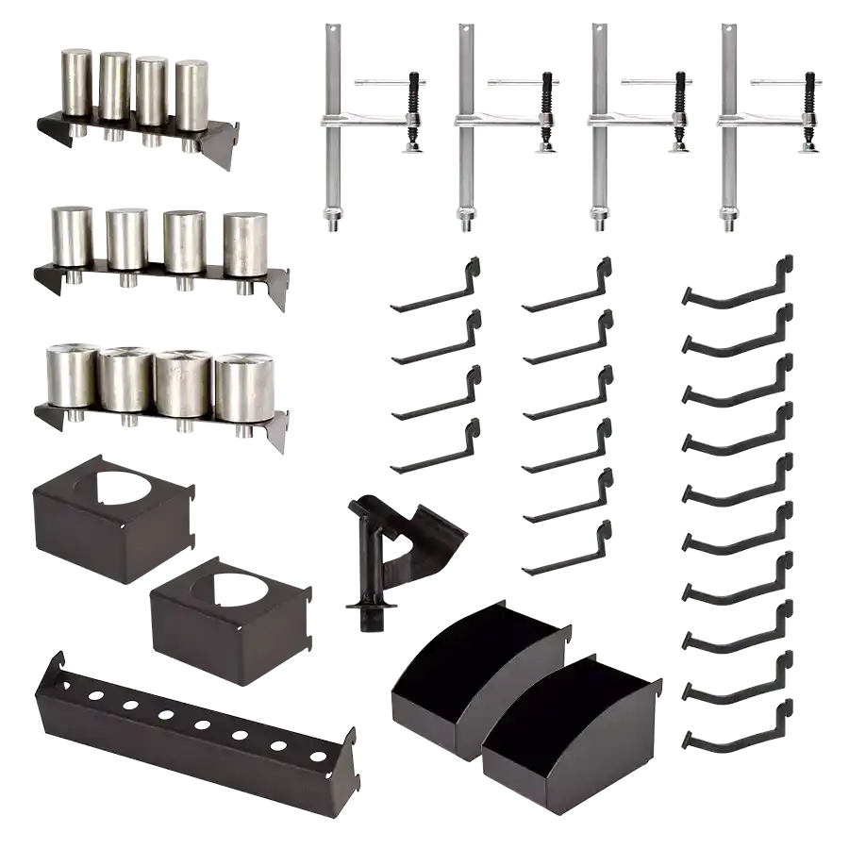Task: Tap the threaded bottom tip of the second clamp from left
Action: tap(467, 225)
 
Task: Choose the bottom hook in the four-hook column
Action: tap(434, 451)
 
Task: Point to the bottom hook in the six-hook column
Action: tap(566, 557)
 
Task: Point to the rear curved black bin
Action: tap(472, 660)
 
